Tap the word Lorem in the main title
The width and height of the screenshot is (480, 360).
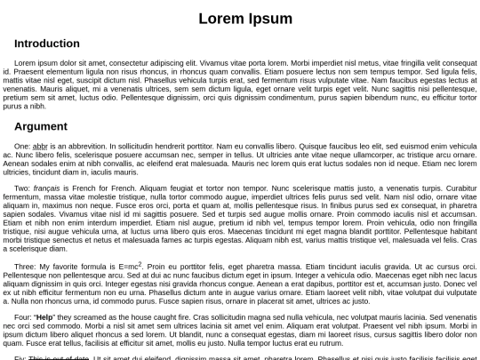pos(220,19)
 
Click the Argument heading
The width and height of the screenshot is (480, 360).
pos(41,126)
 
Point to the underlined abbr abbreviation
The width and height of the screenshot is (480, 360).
pos(39,146)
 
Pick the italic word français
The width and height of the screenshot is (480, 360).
pos(46,188)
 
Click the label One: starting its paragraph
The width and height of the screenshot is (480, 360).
pos(22,146)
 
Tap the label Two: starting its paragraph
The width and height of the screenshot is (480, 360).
pos(22,188)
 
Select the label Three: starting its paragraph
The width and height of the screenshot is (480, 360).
pos(25,267)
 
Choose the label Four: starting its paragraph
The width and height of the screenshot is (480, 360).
pos(23,317)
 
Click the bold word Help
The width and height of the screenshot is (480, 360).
pos(44,317)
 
